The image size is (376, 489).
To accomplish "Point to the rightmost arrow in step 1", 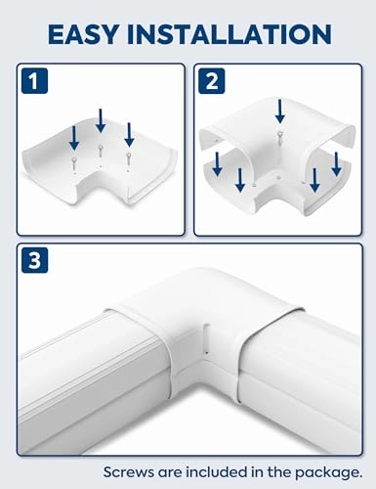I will [129, 132].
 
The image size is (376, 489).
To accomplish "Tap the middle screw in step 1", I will [102, 149].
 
